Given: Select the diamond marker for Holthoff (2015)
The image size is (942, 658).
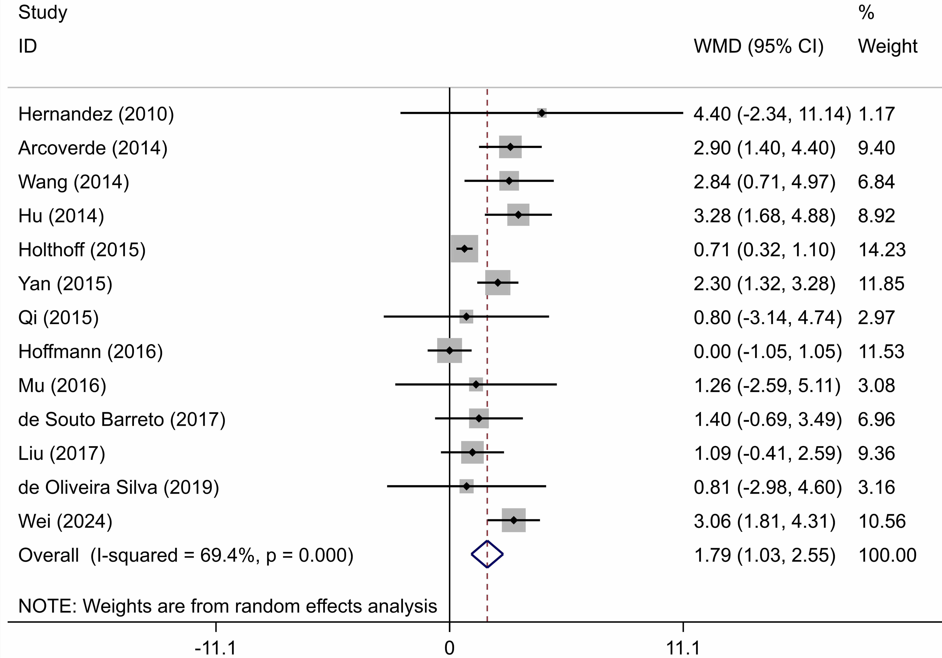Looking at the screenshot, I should [x=464, y=249].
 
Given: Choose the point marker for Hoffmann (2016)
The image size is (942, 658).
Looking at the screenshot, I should [x=450, y=351].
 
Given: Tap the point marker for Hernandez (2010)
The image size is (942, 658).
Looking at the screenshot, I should [x=542, y=113].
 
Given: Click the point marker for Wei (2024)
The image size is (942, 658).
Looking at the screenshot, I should [x=514, y=520].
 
